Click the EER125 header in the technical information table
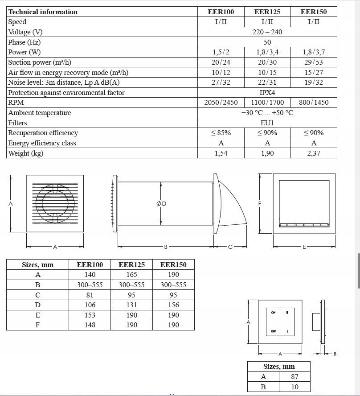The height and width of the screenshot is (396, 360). [267, 12]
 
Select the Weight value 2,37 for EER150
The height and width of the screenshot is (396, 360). [314, 153]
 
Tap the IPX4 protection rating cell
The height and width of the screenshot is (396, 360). [267, 92]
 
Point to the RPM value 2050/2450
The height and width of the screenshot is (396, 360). [221, 102]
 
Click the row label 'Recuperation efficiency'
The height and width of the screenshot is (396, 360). [43, 133]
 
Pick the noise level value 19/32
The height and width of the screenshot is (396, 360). [314, 82]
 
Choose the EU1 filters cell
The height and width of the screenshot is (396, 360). [267, 123]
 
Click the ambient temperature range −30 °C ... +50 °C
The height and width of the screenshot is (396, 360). [267, 112]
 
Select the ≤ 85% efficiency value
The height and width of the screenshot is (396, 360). [221, 133]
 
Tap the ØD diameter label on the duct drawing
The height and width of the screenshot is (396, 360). [161, 203]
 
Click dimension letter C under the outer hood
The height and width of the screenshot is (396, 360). [230, 247]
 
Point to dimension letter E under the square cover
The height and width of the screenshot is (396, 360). [304, 247]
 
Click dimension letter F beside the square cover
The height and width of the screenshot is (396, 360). [260, 203]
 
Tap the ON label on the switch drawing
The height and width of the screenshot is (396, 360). [274, 313]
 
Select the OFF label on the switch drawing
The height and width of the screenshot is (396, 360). [274, 331]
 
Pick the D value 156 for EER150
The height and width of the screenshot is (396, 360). [173, 305]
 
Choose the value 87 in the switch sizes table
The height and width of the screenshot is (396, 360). [295, 376]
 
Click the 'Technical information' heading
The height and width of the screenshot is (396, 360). [43, 12]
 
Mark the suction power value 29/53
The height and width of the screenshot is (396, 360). [314, 62]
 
